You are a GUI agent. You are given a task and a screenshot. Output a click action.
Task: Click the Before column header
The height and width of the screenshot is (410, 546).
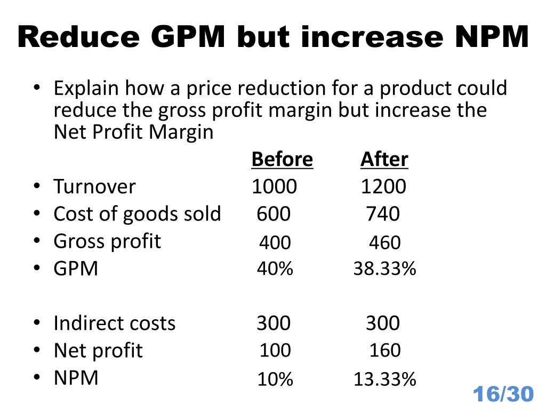coord(282,160)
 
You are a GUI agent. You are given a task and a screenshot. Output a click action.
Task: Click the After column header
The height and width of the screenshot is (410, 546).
coord(384,160)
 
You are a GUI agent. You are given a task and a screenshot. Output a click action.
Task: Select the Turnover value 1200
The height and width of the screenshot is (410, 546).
coord(383,187)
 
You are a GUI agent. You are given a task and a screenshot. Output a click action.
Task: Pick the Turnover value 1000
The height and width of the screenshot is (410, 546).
coord(274,187)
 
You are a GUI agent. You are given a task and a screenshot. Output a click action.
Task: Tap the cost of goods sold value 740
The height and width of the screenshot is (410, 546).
coord(382,215)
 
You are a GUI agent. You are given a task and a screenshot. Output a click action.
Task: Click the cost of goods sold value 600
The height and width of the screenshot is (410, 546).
coord(274,215)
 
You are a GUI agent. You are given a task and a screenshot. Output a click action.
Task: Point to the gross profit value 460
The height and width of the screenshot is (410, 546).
coord(384,243)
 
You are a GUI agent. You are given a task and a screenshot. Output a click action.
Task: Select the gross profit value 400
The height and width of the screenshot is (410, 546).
coord(275,243)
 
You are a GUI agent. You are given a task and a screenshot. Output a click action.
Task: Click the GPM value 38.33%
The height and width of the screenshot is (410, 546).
coord(384,269)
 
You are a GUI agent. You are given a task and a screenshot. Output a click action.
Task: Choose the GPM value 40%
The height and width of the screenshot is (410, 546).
coord(275,269)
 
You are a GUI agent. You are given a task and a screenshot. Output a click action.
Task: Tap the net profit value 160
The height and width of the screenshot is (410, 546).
coord(385,351)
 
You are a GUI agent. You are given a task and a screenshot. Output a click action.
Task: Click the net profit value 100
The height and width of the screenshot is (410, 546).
coord(275,351)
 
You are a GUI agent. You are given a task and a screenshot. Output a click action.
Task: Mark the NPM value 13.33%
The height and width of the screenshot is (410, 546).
coord(384,380)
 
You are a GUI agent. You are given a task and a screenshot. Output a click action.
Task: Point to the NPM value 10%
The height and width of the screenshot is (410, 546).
coord(275,380)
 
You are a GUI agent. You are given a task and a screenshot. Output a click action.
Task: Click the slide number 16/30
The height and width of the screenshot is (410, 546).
coord(503,395)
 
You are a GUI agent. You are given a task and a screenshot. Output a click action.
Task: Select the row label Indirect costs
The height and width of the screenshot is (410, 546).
coord(114,324)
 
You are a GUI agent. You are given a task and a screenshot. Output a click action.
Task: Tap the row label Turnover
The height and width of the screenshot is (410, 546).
coord(94,187)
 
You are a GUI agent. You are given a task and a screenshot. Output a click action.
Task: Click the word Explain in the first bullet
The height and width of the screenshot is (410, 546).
coord(86,88)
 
